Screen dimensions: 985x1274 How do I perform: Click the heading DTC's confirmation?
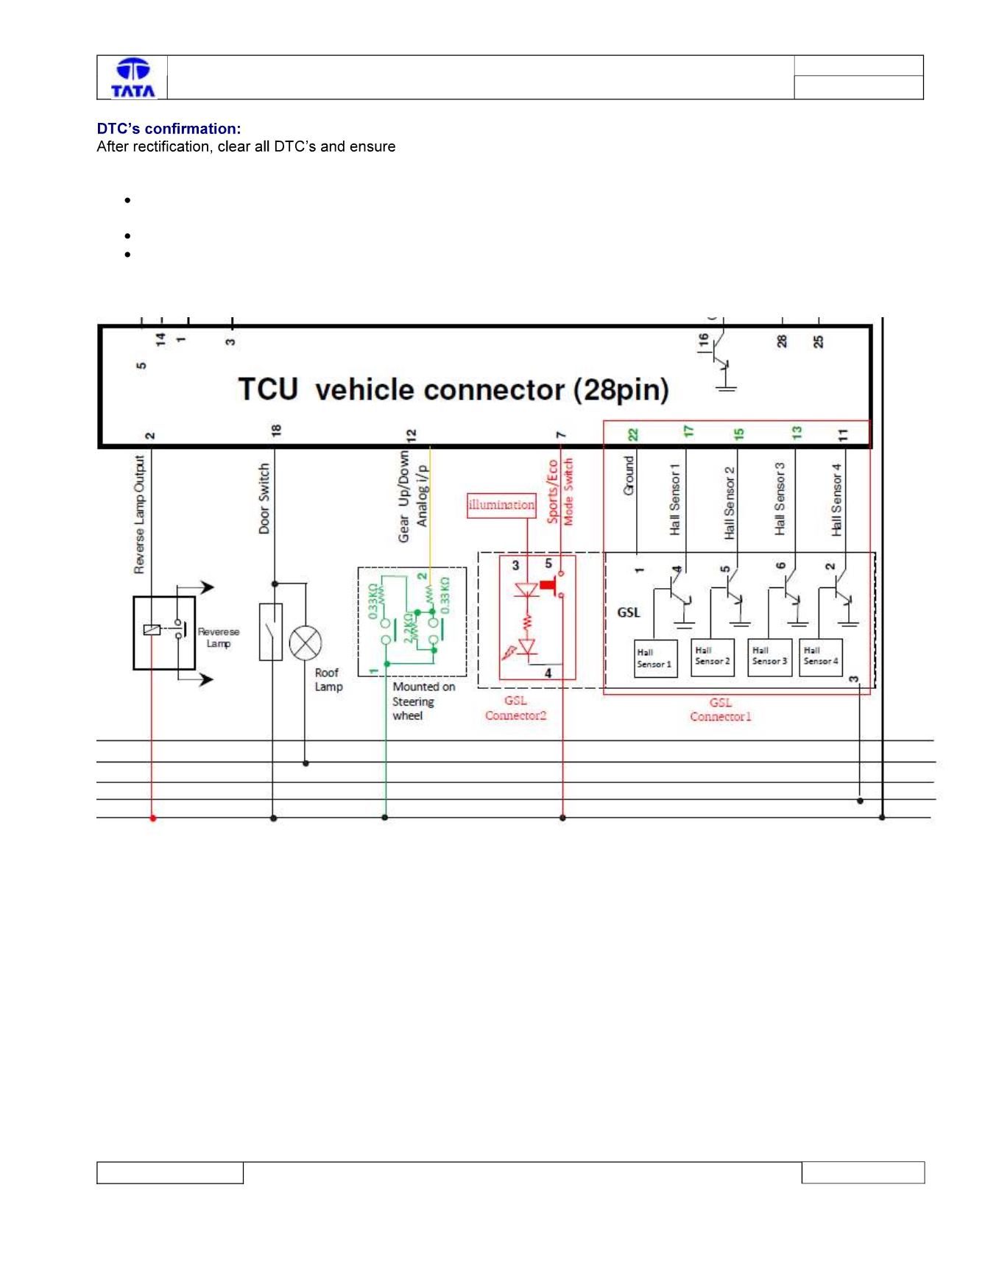click(169, 129)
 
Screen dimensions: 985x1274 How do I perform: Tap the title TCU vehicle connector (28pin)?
click(453, 389)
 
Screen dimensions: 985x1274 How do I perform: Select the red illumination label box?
click(501, 505)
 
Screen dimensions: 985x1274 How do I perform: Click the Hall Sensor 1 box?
click(654, 658)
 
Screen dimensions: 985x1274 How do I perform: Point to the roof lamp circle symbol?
click(306, 645)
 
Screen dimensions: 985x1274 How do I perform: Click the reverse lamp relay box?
click(164, 632)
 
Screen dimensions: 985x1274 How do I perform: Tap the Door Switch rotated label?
click(264, 498)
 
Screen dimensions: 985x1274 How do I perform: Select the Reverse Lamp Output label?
click(140, 514)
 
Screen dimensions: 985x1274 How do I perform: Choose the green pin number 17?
click(688, 432)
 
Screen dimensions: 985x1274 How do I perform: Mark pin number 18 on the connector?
click(276, 431)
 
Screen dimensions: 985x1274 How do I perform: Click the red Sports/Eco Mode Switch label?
click(560, 491)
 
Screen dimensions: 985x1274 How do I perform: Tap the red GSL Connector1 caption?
click(721, 709)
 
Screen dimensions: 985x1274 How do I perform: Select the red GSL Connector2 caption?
click(516, 708)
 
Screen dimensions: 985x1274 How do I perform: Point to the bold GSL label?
click(629, 612)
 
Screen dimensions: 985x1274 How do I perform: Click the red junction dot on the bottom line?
click(153, 818)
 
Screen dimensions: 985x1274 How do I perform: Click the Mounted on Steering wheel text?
click(424, 701)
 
